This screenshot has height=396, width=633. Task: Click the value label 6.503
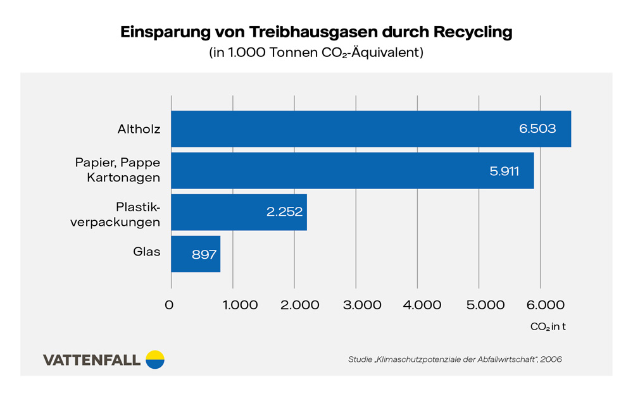click(x=537, y=129)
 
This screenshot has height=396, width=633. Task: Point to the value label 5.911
click(x=504, y=171)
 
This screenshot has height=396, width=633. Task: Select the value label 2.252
click(x=284, y=212)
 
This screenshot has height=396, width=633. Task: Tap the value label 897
click(x=204, y=254)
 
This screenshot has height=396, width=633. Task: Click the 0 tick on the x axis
click(x=170, y=305)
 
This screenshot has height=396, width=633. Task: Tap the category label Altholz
click(x=139, y=129)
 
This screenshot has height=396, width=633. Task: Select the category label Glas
click(x=146, y=252)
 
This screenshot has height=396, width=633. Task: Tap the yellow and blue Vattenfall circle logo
click(x=155, y=359)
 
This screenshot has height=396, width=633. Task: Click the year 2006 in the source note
click(x=550, y=359)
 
